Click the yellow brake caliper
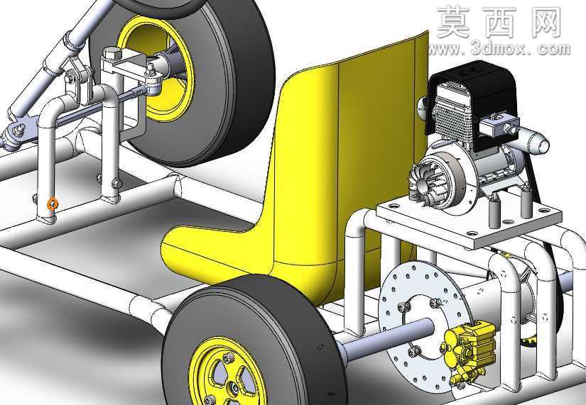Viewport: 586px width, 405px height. tap(468, 349)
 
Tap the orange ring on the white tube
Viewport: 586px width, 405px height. tap(53, 204)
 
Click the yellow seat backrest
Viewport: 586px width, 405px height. tap(347, 150)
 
